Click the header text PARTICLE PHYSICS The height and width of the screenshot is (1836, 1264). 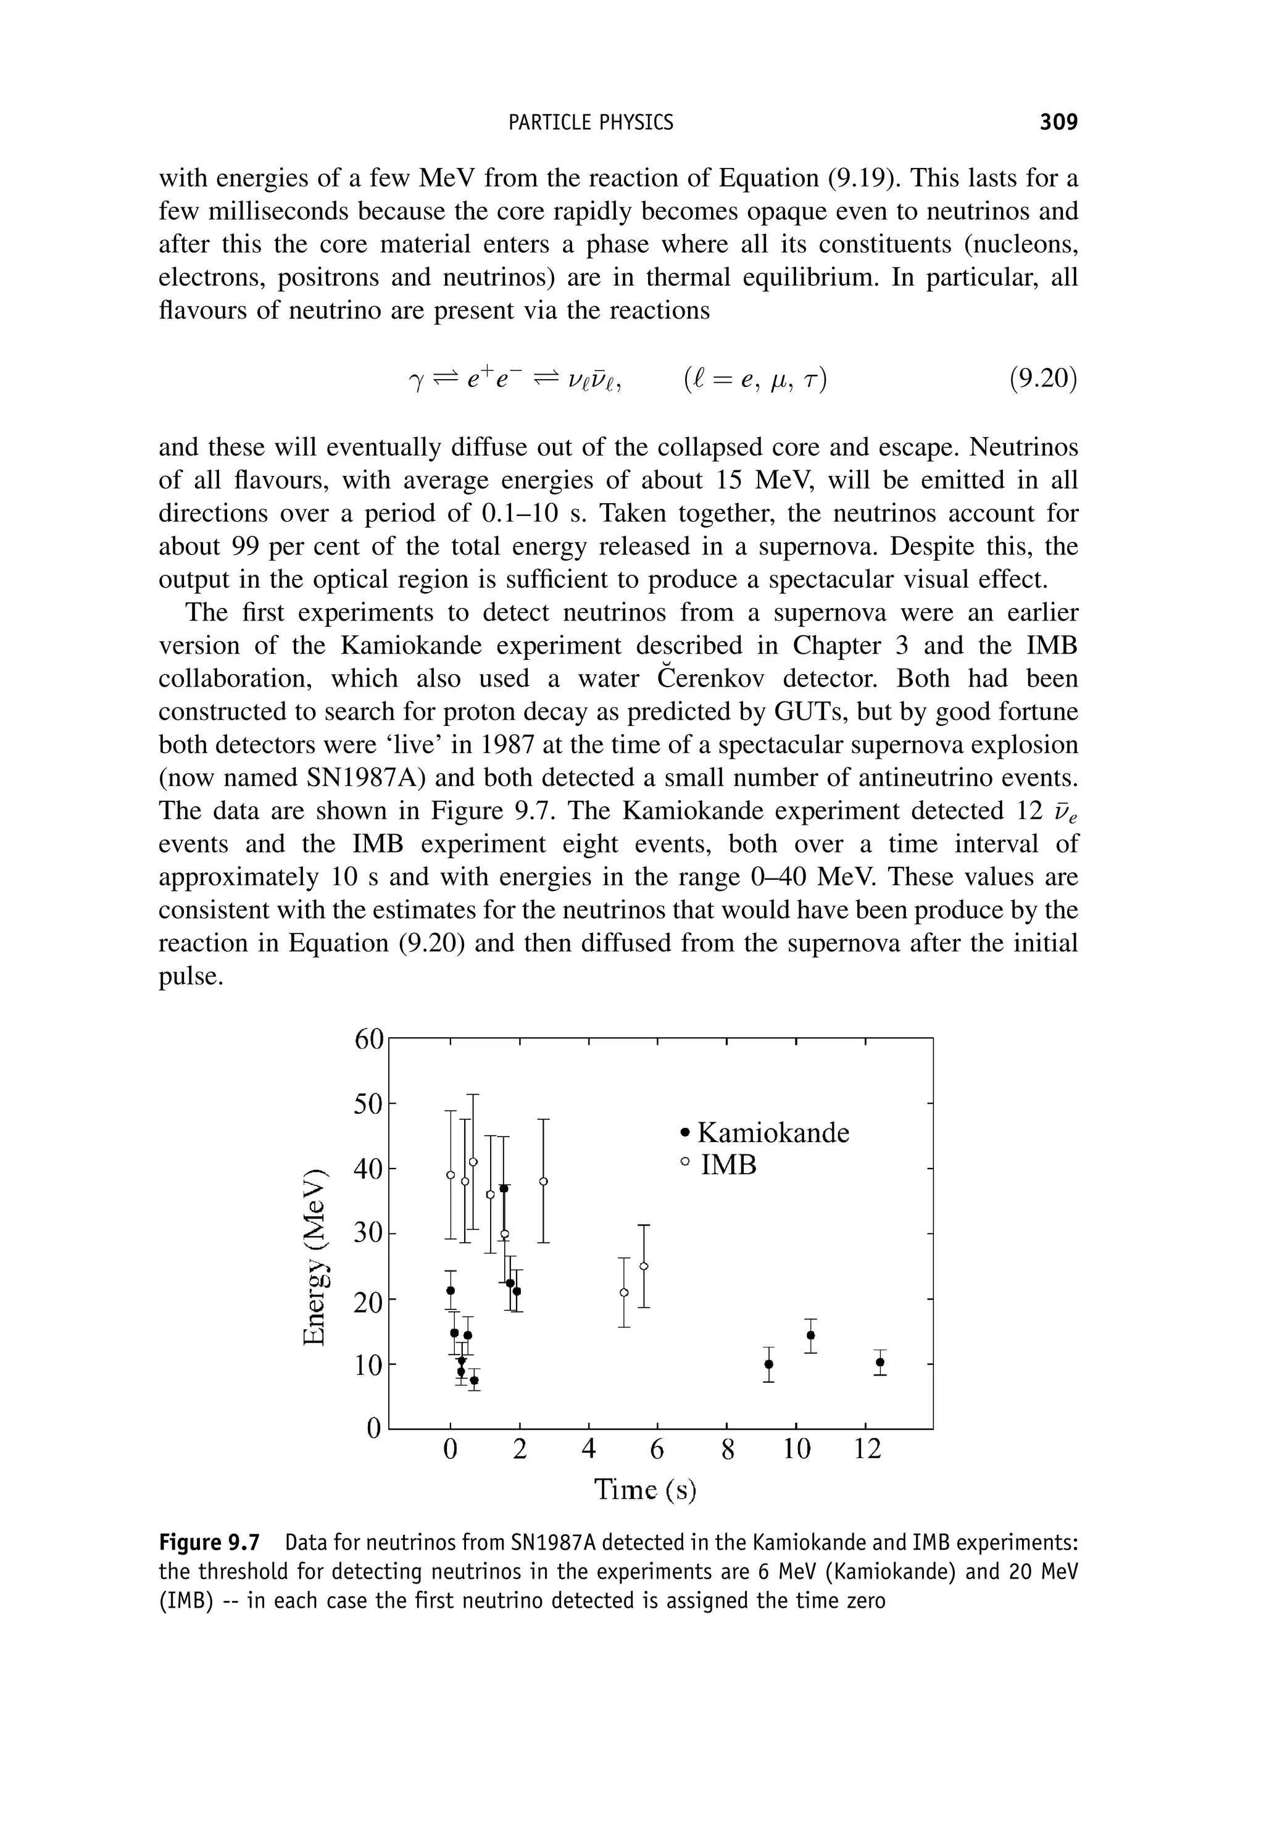tap(590, 122)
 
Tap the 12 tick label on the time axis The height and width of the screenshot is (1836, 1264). tap(867, 1450)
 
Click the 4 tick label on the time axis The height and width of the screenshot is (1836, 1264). tap(588, 1450)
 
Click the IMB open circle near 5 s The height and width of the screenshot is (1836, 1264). tap(624, 1292)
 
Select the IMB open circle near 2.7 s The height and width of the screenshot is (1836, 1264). tap(543, 1181)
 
